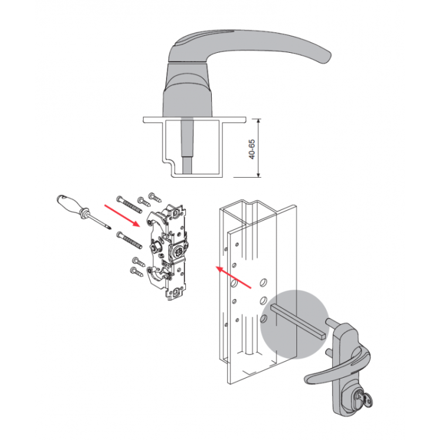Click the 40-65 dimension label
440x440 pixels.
pyautogui.click(x=252, y=149)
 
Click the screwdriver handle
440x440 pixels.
pyautogui.click(x=70, y=205)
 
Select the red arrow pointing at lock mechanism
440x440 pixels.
pyautogui.click(x=122, y=215)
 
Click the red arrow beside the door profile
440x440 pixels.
pyautogui.click(x=233, y=277)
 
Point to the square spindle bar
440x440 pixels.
pyautogui.click(x=299, y=321)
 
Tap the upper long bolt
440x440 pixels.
pyautogui.click(x=129, y=205)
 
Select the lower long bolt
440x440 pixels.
pyautogui.click(x=129, y=240)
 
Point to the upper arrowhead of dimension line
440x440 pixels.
pyautogui.click(x=259, y=121)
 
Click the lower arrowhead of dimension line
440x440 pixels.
pyautogui.click(x=259, y=174)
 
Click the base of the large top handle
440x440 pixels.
pyautogui.click(x=187, y=90)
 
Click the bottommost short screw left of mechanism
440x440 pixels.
pyautogui.click(x=137, y=272)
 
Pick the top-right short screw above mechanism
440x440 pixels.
pyautogui.click(x=155, y=197)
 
